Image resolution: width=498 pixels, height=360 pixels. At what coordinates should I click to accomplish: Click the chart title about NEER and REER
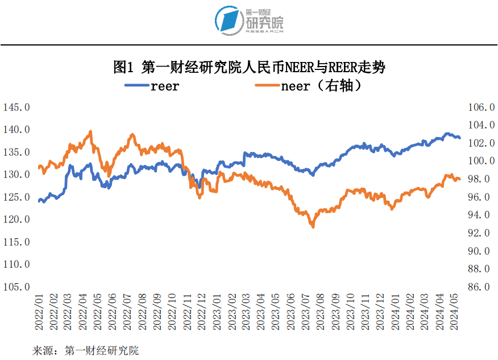click(x=249, y=68)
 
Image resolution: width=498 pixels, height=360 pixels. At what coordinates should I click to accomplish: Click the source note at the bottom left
click(x=85, y=350)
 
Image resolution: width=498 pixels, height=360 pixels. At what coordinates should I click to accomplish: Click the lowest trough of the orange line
click(x=312, y=226)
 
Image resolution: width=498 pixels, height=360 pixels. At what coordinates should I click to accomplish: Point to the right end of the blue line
click(x=459, y=137)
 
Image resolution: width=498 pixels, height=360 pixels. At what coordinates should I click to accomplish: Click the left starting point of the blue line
click(x=39, y=201)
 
